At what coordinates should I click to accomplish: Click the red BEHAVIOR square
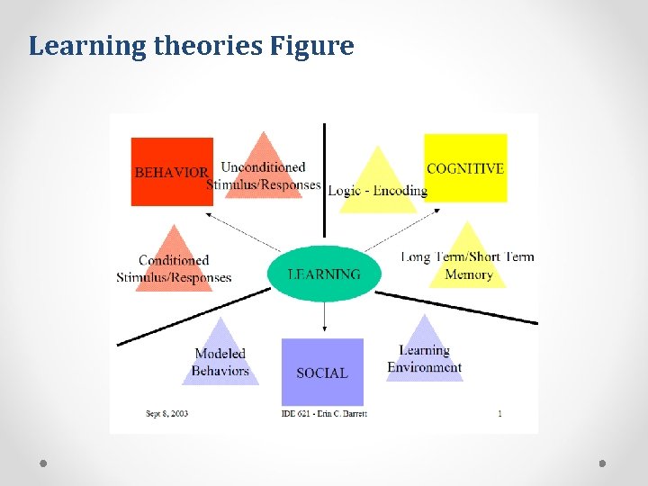(x=172, y=171)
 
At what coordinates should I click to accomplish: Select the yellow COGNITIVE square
(x=465, y=167)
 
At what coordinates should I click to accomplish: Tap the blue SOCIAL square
(x=322, y=372)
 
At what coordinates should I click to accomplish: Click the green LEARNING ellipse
(x=324, y=274)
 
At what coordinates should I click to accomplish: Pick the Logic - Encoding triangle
(x=377, y=184)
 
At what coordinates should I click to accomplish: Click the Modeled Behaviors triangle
(x=220, y=356)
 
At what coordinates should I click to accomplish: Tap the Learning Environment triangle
(x=425, y=354)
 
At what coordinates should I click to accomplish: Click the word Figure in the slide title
(x=314, y=46)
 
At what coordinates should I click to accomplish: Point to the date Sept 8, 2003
(x=166, y=414)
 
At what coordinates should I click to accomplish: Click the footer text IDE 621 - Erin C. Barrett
(x=323, y=414)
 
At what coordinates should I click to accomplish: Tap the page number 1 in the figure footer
(x=499, y=414)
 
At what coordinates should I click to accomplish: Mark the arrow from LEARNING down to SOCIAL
(x=324, y=318)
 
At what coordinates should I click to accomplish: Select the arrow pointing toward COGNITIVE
(x=403, y=229)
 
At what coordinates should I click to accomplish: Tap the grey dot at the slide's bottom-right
(x=603, y=463)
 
